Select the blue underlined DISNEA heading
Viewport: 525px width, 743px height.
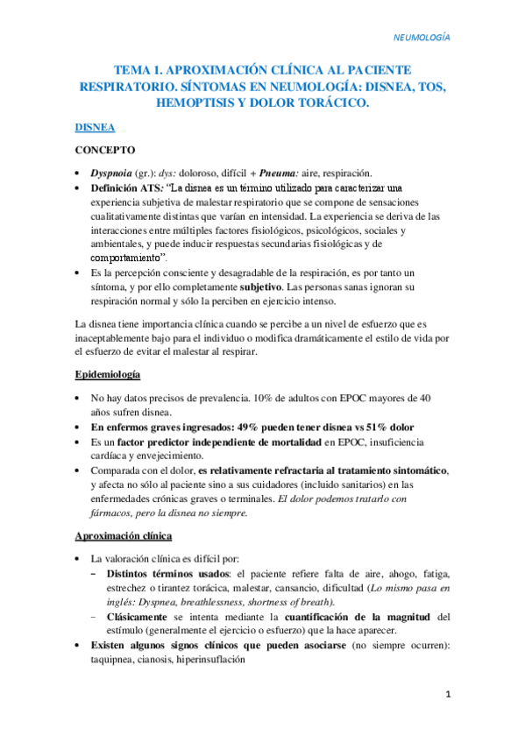click(x=95, y=128)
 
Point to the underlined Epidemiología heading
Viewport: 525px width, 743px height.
click(x=108, y=375)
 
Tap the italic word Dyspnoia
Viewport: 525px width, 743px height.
click(x=113, y=173)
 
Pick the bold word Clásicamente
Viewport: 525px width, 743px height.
click(x=138, y=618)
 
